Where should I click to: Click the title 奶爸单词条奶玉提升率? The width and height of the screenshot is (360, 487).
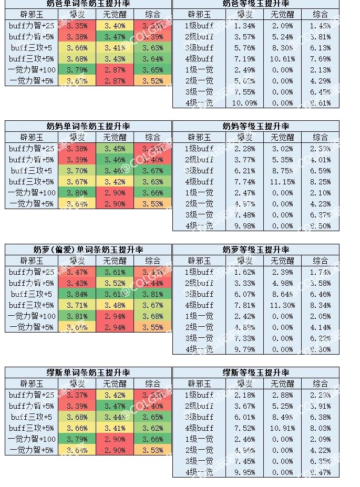[x=88, y=4]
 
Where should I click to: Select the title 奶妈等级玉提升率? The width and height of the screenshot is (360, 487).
[x=255, y=127]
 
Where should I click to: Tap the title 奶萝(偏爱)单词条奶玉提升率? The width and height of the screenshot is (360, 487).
[x=88, y=250]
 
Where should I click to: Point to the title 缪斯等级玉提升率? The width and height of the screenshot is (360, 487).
[x=255, y=372]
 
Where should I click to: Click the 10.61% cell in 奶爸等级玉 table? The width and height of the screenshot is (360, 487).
[x=282, y=59]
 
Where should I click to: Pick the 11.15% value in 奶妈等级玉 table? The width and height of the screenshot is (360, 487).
[x=282, y=182]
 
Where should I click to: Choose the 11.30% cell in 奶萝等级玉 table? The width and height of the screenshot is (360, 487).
[x=282, y=305]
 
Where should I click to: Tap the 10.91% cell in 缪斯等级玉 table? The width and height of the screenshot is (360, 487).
[x=282, y=428]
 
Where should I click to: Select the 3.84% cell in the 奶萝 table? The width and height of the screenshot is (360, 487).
[x=77, y=294]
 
